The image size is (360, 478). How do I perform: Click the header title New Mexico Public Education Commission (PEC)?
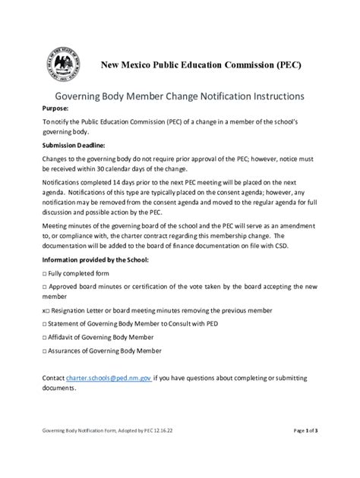[x=202, y=65]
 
